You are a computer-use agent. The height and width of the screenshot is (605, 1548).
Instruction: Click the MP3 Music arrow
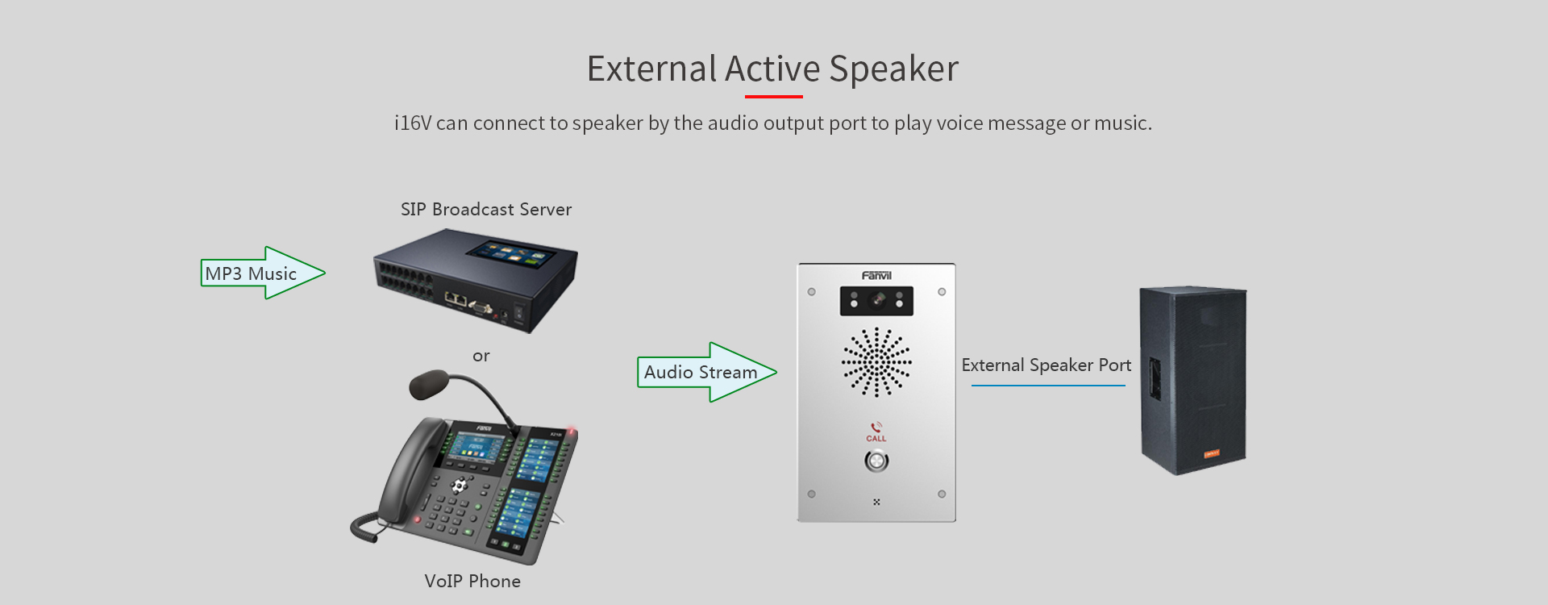point(263,273)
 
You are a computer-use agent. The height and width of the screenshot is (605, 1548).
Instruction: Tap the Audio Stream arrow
point(707,372)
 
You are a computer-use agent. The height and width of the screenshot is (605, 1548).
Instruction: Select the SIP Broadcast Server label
point(486,210)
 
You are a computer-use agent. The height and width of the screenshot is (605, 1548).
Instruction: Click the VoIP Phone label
point(472,581)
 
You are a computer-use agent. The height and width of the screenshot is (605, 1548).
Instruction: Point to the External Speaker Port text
point(1047,365)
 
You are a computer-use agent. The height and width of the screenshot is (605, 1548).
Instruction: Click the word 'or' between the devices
point(481,356)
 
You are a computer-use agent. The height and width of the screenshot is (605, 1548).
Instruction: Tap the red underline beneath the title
point(774,97)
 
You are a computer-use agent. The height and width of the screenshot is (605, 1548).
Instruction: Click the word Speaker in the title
point(894,69)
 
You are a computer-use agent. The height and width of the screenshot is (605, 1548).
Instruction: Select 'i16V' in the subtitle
point(413,123)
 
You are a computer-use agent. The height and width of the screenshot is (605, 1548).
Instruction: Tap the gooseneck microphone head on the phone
point(430,383)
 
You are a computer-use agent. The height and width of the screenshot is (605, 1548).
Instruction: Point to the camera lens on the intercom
point(877,300)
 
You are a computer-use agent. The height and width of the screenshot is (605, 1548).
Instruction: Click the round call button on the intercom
point(876,461)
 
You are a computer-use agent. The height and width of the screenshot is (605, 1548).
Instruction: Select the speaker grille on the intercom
point(876,362)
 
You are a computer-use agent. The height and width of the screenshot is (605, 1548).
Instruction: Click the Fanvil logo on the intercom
point(876,276)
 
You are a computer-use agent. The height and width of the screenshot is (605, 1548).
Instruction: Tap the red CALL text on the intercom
point(876,439)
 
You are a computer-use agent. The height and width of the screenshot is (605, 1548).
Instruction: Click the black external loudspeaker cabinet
point(1193,381)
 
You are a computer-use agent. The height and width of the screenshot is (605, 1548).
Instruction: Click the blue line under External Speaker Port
point(1048,386)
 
